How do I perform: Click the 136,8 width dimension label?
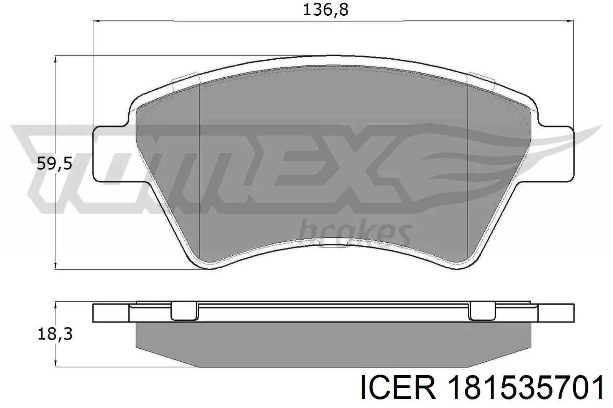pos(326,10)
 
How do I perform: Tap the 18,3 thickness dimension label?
pos(55,334)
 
